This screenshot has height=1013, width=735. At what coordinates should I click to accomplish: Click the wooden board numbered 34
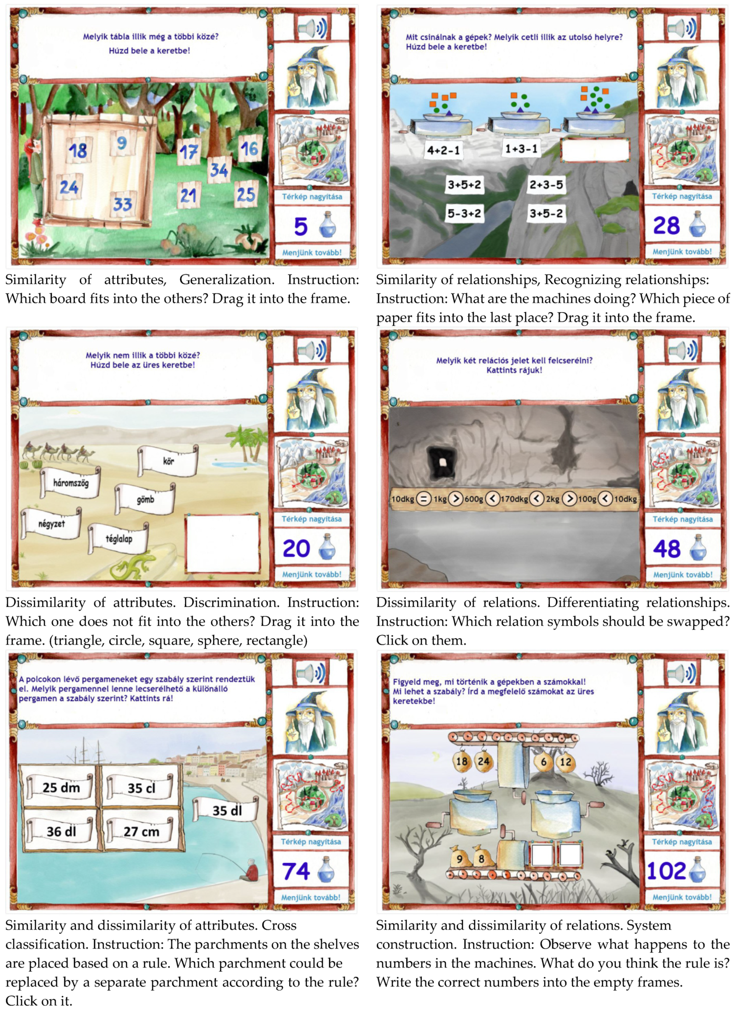click(x=219, y=169)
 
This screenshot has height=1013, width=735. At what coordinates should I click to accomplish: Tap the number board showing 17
click(x=188, y=152)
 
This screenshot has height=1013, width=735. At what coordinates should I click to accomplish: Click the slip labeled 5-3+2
click(x=464, y=214)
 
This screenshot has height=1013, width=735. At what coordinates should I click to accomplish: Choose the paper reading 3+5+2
click(x=464, y=185)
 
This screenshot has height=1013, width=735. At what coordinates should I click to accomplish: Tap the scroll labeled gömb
click(x=145, y=499)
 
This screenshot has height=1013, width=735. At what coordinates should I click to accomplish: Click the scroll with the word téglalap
click(x=118, y=538)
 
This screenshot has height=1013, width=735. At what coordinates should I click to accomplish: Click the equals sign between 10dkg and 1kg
click(x=423, y=499)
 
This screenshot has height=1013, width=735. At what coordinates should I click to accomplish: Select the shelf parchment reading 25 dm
click(x=61, y=787)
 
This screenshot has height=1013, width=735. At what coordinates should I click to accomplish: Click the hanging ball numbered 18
click(x=462, y=761)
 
